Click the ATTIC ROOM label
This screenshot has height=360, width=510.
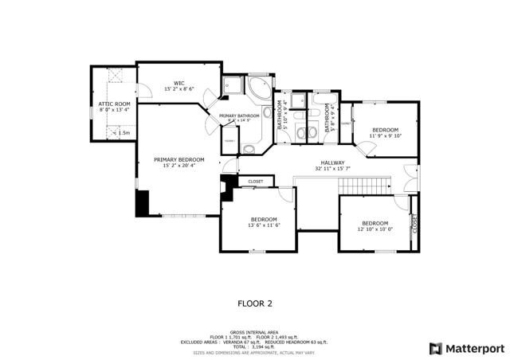click(x=114, y=104)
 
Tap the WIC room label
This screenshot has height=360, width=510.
click(x=179, y=83)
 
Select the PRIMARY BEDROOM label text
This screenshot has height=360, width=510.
click(x=178, y=159)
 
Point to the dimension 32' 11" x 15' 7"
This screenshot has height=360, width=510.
click(x=332, y=169)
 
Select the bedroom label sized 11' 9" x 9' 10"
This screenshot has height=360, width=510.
click(x=386, y=129)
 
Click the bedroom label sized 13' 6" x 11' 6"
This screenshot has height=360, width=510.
click(x=264, y=219)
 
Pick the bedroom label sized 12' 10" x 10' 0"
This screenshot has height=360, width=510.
click(x=374, y=223)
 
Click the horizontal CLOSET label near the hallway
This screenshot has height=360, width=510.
click(x=255, y=182)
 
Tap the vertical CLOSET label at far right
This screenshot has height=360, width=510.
click(x=414, y=225)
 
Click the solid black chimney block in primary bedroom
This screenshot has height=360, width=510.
click(x=142, y=202)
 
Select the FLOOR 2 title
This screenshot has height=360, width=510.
click(x=255, y=303)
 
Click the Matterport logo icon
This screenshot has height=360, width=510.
click(x=435, y=348)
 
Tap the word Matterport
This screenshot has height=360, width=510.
click(x=473, y=348)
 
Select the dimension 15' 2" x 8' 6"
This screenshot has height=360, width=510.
click(x=179, y=89)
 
